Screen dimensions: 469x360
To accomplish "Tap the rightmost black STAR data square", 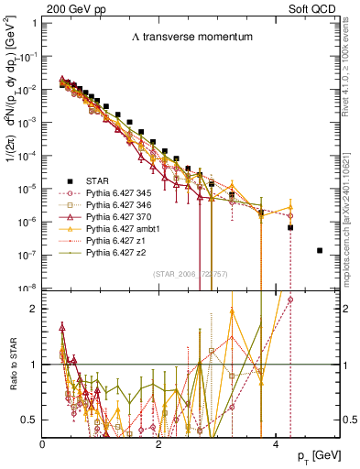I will [319, 250].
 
